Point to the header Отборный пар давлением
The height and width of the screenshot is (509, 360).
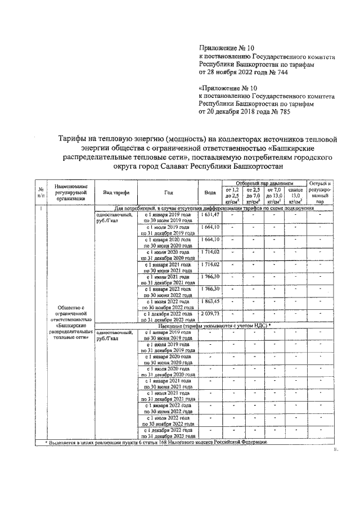262,183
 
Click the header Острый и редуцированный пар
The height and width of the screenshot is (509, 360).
320,192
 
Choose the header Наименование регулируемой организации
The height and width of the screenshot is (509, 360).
70,192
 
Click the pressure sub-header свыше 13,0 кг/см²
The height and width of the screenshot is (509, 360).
292,196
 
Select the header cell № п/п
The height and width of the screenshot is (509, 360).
41,192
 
